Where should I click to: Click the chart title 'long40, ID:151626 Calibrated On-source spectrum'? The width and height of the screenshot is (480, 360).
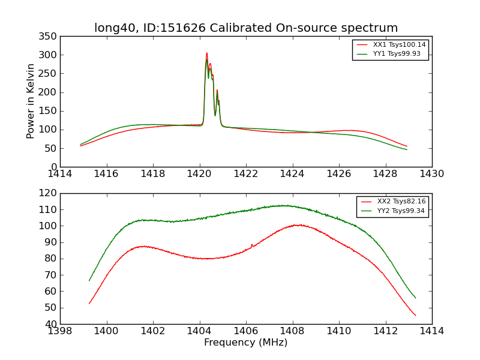(246, 28)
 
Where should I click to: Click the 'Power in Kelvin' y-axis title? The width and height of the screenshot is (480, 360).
(31, 101)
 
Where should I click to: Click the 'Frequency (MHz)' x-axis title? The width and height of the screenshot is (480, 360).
(245, 343)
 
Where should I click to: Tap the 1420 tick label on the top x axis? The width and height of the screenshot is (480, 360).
(199, 173)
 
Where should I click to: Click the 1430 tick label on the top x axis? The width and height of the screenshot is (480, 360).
(431, 173)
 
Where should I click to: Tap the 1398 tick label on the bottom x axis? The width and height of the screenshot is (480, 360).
(60, 331)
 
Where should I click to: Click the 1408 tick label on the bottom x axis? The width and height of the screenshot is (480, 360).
(292, 331)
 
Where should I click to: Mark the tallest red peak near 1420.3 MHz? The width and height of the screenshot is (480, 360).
(207, 53)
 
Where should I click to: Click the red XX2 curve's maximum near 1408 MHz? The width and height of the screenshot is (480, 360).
(298, 225)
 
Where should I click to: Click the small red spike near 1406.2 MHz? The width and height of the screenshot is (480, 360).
(252, 244)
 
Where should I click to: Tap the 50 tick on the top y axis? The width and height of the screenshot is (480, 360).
(52, 148)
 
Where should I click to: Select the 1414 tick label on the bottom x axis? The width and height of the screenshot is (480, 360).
(431, 331)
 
